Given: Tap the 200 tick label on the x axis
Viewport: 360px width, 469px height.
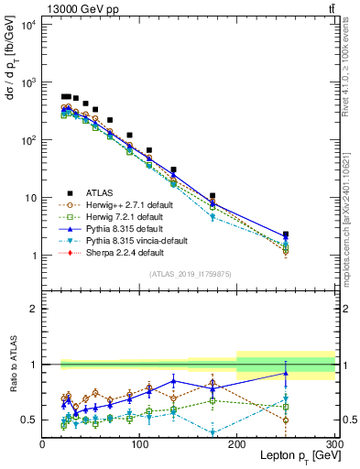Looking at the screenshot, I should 237,443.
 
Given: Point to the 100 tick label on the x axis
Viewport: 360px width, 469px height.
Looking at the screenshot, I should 139,443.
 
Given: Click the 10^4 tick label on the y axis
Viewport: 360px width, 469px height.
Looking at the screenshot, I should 27,25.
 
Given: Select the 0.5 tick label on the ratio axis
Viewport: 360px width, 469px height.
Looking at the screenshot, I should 29,420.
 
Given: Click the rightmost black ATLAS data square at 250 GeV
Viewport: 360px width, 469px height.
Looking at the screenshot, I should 286,235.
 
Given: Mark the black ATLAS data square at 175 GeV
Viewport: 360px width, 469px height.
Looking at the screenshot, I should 213,196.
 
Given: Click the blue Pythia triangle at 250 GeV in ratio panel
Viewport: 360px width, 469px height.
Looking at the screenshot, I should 286,373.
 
